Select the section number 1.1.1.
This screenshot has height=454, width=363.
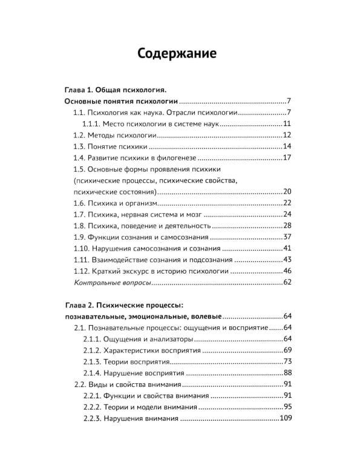click(x=94, y=124)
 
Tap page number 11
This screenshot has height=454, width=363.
click(x=287, y=124)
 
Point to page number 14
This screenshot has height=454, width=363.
click(x=287, y=147)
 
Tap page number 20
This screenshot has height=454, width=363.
click(x=287, y=192)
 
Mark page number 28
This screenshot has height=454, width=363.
click(x=287, y=226)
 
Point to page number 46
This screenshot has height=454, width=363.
click(x=287, y=271)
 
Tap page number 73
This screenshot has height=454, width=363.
click(x=287, y=361)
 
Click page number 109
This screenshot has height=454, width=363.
click(x=286, y=418)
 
